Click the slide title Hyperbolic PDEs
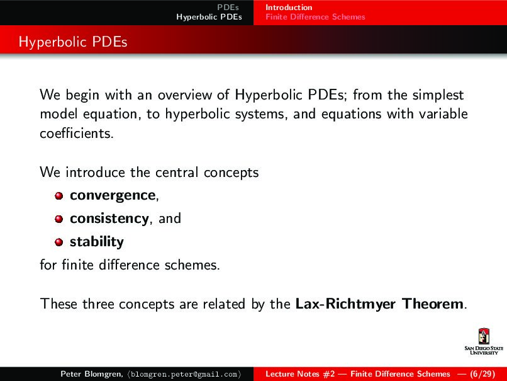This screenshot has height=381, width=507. coord(73,42)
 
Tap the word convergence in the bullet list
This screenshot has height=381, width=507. coord(113,195)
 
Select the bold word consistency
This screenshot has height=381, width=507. coord(109,219)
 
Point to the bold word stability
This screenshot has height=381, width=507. coord(96,242)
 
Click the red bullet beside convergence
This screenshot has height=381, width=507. coord(58,196)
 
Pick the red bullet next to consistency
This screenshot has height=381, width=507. coord(58,219)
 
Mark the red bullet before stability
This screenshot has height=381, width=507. coord(58,242)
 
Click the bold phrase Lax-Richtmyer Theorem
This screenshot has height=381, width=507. coord(380,304)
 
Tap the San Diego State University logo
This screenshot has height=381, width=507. coord(483,343)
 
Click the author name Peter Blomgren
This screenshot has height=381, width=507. coord(87,374)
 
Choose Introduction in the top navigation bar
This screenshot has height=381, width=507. coord(289,8)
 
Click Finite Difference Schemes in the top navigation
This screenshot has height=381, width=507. coord(315,17)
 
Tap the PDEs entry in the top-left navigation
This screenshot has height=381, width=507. coord(228,8)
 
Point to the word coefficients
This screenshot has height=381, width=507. coord(76,135)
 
